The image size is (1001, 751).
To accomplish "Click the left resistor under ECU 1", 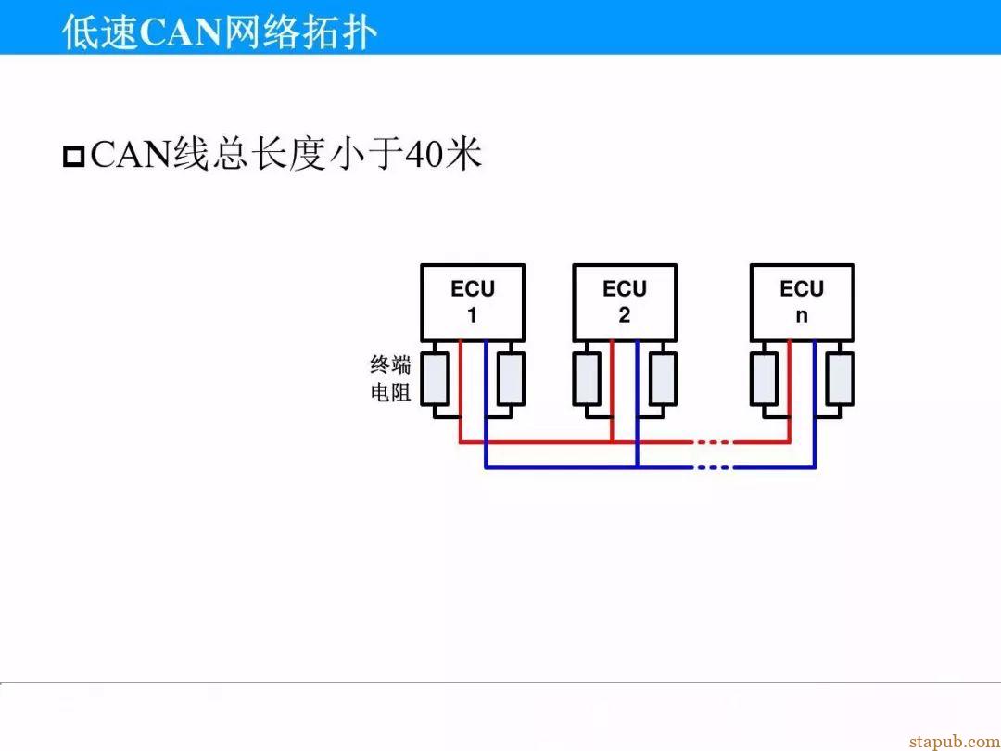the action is tap(434, 378).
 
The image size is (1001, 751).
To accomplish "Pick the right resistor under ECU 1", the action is tap(511, 378).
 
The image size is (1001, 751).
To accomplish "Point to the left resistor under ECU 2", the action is tap(587, 378).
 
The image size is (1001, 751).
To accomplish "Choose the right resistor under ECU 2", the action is tap(663, 378).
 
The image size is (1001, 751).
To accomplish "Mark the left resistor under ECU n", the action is tap(764, 378).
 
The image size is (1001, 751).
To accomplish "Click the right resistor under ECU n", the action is tap(840, 378).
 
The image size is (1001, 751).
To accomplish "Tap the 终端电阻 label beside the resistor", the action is tap(391, 378).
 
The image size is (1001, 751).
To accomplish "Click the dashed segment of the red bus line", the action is tap(712, 441).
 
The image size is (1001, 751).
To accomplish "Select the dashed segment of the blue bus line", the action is tap(712, 467).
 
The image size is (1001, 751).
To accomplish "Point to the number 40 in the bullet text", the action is tap(425, 155).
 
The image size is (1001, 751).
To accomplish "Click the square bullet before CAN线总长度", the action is tap(74, 157).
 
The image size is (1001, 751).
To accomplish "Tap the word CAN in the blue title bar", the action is tap(180, 32).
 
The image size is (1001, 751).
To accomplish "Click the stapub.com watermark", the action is tap(955, 742).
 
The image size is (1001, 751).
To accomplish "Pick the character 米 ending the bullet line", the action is tap(464, 155).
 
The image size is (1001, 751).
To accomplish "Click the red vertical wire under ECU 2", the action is tap(612, 391).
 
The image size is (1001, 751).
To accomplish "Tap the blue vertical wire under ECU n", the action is tap(815, 403).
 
